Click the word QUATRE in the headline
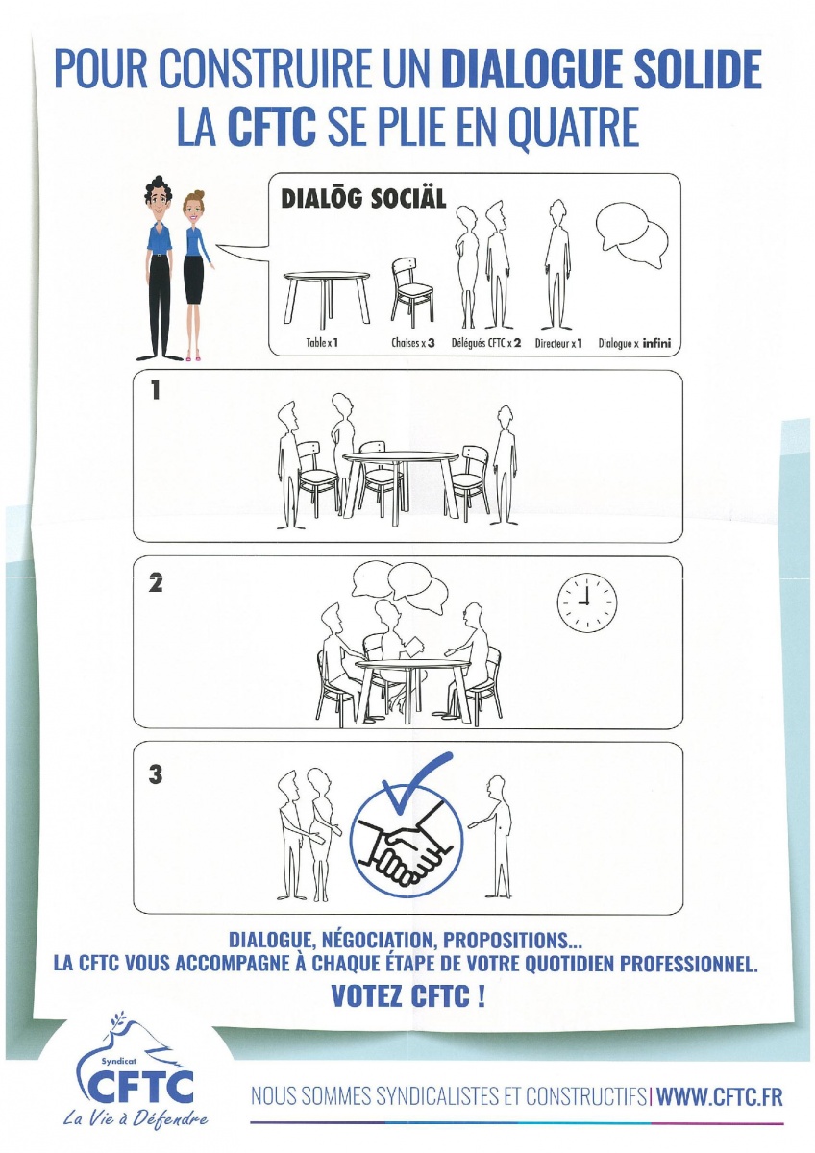tap(574, 127)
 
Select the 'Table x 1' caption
tap(322, 342)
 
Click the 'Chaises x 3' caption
tap(412, 342)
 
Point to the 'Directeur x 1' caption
tap(558, 343)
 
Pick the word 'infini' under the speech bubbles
tap(656, 342)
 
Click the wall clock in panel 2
tap(587, 602)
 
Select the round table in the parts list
tap(327, 300)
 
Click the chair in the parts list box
tap(412, 292)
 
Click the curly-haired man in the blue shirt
tap(159, 268)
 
